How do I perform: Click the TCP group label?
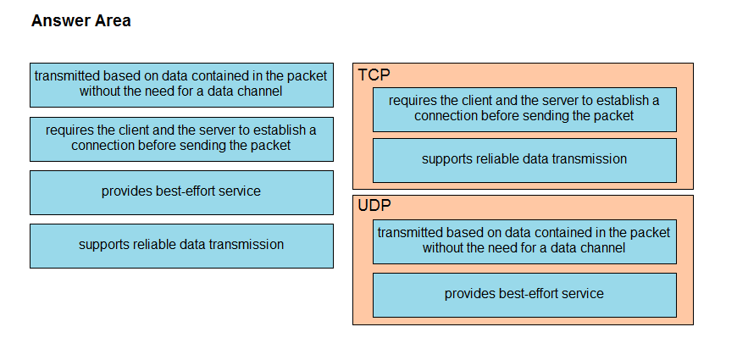click(374, 75)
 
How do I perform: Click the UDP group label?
click(374, 205)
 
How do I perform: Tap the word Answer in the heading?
click(59, 20)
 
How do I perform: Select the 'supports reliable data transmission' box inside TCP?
click(524, 160)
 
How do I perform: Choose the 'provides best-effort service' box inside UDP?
click(524, 295)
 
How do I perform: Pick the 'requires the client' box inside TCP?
click(524, 109)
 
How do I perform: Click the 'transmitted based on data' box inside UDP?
click(524, 241)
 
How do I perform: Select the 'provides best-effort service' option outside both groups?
click(181, 192)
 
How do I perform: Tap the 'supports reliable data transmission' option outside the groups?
click(181, 246)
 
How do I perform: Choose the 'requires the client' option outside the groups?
click(181, 139)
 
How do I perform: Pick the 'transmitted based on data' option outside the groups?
click(181, 85)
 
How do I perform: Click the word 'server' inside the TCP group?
click(561, 101)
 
